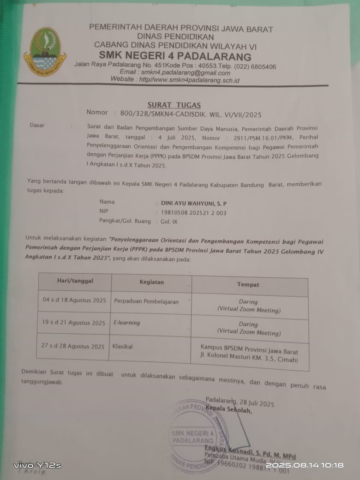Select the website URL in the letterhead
click(175, 80)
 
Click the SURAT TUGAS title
click(174, 105)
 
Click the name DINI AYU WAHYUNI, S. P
click(193, 203)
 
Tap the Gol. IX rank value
click(169, 222)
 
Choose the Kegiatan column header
click(151, 282)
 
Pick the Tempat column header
click(248, 285)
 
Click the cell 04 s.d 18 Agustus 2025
click(74, 300)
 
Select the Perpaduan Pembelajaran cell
click(146, 301)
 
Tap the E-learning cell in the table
click(127, 323)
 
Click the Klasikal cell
click(122, 346)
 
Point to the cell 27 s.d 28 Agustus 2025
click(73, 346)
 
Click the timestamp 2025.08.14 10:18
click(305, 465)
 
